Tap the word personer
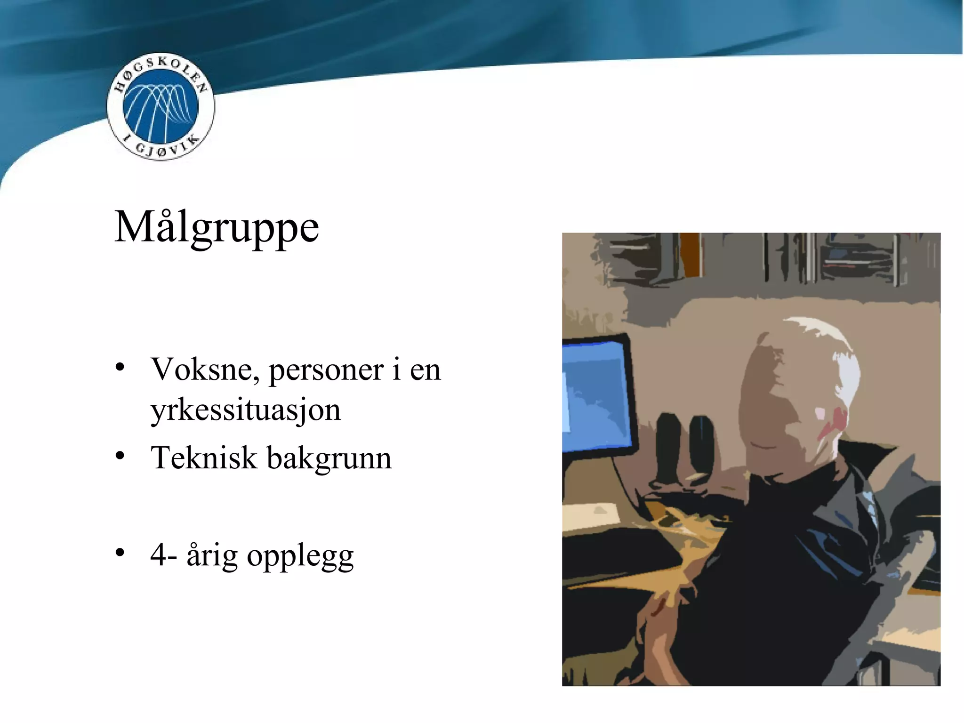click(326, 370)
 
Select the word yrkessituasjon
click(245, 410)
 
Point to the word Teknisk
click(203, 458)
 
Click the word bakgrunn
click(329, 458)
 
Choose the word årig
click(212, 555)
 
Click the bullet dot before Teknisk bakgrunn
click(120, 456)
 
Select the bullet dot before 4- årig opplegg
click(120, 553)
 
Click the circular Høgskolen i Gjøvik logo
click(161, 106)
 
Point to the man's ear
click(831, 424)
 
